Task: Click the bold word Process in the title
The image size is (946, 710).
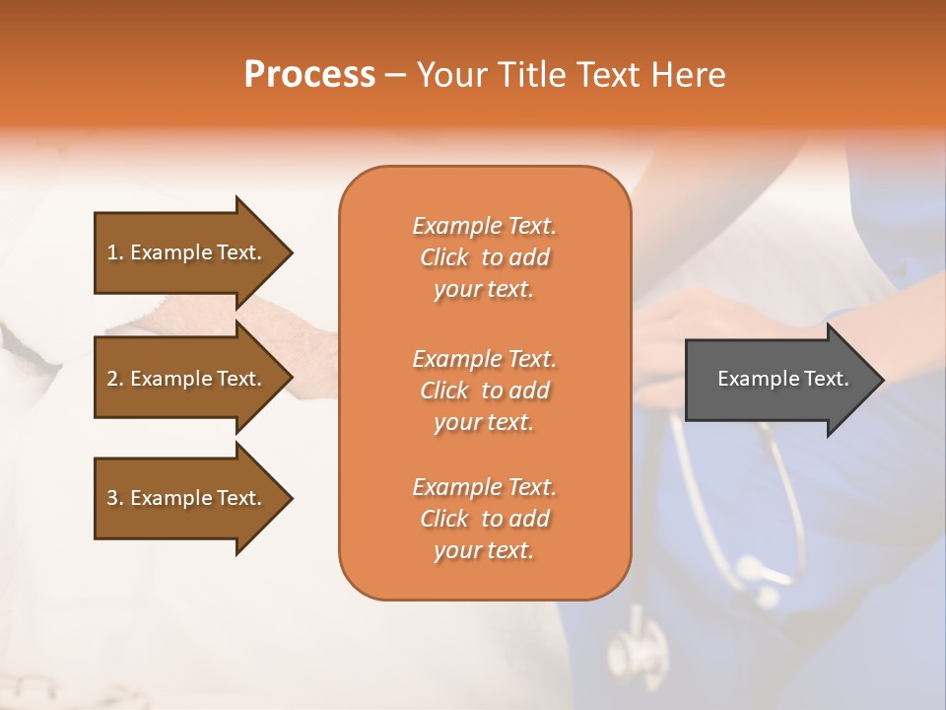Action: click(309, 74)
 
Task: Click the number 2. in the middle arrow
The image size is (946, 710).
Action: click(114, 379)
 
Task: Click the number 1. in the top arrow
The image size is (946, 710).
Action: click(114, 252)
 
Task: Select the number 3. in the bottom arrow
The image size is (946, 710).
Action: click(114, 498)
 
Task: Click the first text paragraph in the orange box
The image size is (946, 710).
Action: click(484, 257)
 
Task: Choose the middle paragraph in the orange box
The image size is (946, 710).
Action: click(484, 390)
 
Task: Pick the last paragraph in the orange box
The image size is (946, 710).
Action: click(484, 519)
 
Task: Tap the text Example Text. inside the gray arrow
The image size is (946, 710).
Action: click(782, 379)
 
